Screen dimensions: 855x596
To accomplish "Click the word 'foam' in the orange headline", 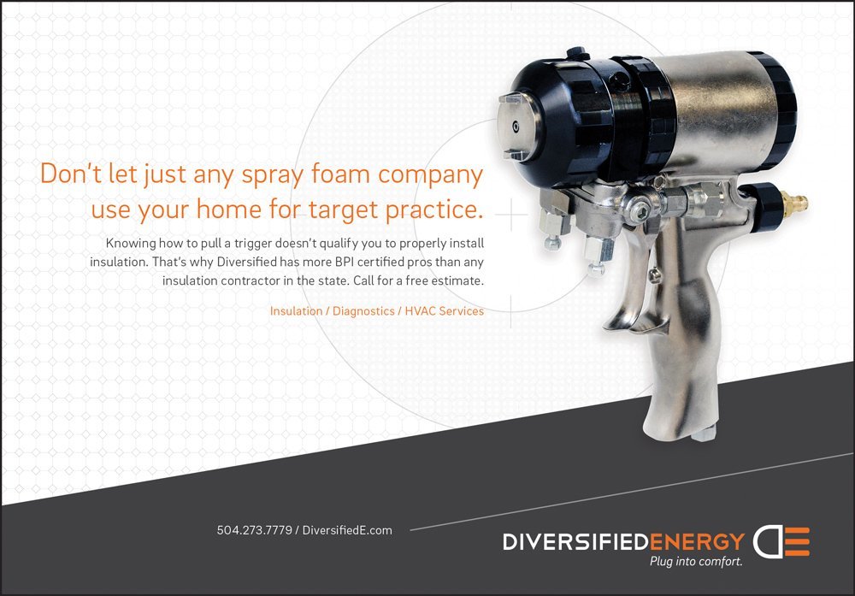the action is (341, 174).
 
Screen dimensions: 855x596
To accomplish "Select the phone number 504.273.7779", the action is (254, 530).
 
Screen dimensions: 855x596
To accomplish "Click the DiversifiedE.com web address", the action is (347, 530).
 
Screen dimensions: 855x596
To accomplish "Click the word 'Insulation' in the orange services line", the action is (296, 310).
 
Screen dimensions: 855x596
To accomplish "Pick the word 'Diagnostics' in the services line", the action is (363, 310).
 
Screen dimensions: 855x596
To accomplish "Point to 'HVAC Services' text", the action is (444, 310).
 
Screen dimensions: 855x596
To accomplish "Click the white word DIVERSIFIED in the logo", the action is (575, 542).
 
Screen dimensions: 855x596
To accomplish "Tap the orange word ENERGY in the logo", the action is (697, 542).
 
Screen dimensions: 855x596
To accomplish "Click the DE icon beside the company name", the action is (781, 541).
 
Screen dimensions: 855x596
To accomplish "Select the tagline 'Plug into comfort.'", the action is (696, 561).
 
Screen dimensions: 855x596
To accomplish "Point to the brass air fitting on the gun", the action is (795, 204).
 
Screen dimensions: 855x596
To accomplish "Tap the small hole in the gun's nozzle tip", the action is (516, 127).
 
